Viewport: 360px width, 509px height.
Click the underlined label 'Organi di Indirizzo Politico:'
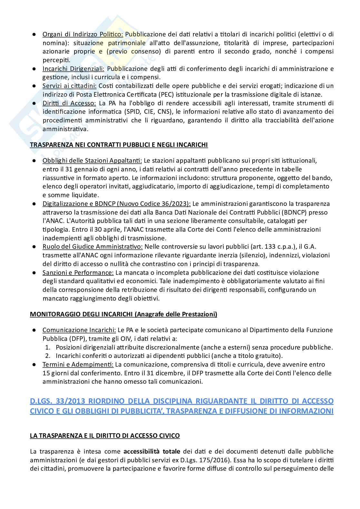tap(83, 34)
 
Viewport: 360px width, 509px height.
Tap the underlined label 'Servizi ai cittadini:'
tap(70, 86)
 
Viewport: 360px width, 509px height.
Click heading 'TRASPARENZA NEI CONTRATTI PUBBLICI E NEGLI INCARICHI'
tap(119, 145)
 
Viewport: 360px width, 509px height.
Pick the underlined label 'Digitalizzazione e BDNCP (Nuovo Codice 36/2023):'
tap(117, 204)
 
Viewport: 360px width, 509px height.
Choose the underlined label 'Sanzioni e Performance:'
tap(78, 273)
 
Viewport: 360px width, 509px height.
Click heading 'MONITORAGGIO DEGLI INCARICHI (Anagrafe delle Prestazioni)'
tap(123, 314)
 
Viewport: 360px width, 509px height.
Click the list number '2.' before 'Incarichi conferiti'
tap(48, 356)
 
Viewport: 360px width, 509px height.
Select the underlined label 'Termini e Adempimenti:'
tap(78, 364)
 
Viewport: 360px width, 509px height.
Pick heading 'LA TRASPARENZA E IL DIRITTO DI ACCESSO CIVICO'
tap(105, 436)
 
